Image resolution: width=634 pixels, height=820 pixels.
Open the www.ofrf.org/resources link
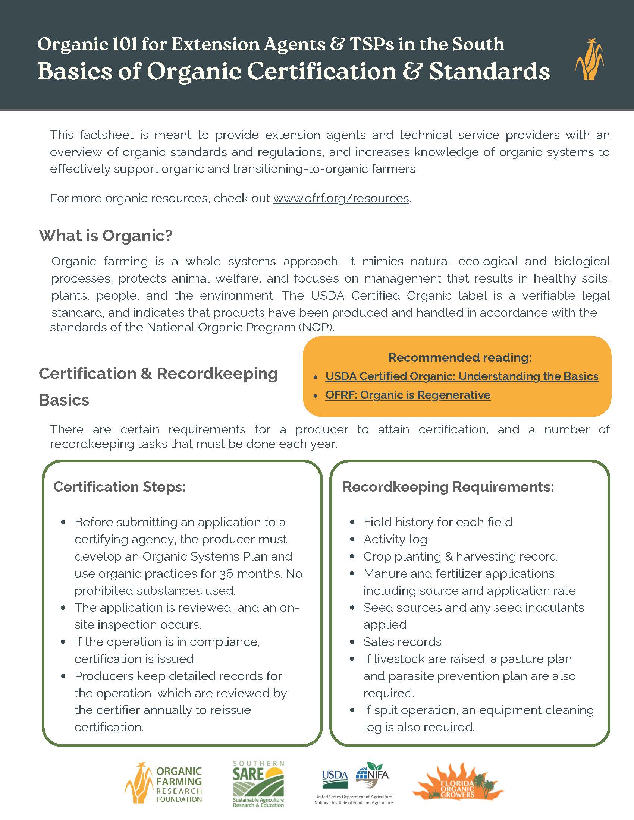point(341,198)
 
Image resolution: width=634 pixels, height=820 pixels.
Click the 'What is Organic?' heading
point(106,236)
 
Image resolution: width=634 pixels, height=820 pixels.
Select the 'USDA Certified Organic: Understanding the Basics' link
point(462,376)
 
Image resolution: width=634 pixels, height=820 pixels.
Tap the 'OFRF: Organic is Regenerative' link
point(408,395)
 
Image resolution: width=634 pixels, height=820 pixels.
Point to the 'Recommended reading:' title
point(460,357)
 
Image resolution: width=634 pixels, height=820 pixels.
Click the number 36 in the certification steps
point(226,574)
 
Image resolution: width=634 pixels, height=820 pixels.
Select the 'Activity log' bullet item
point(395,540)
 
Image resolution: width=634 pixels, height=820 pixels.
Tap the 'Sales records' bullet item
point(402,642)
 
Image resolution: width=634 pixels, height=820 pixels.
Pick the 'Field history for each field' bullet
point(437,522)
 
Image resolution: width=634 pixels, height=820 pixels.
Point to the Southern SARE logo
point(258,783)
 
